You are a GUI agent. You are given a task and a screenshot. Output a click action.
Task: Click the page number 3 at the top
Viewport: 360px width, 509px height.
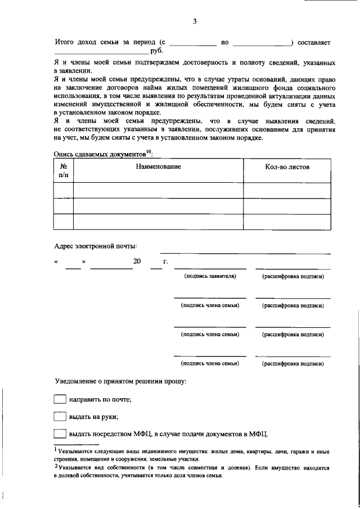pyautogui.click(x=195, y=21)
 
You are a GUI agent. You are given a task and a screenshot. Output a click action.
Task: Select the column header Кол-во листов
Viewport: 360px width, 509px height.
pyautogui.click(x=287, y=166)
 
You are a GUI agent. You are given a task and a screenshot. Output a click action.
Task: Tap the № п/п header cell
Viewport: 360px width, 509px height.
pyautogui.click(x=63, y=171)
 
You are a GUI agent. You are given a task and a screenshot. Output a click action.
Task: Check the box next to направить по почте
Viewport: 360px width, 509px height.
pyautogui.click(x=60, y=399)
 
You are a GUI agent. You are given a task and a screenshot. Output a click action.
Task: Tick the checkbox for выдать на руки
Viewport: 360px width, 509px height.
pyautogui.click(x=60, y=417)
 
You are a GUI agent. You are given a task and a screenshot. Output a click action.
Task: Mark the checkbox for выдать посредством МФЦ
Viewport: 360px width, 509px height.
pyautogui.click(x=60, y=434)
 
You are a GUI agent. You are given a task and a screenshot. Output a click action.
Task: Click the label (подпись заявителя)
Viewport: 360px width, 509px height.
pyautogui.click(x=210, y=276)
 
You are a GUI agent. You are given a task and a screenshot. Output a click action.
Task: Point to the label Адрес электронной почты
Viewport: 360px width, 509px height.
pyautogui.click(x=95, y=246)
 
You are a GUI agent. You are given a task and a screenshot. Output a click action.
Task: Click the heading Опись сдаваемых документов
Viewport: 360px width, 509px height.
pyautogui.click(x=99, y=153)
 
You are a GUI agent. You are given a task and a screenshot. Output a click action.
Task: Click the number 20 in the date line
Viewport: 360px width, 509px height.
pyautogui.click(x=137, y=262)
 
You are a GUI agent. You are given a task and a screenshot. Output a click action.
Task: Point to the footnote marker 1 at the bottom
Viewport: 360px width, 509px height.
pyautogui.click(x=56, y=449)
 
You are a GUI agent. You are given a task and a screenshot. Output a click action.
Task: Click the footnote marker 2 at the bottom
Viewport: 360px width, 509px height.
pyautogui.click(x=56, y=466)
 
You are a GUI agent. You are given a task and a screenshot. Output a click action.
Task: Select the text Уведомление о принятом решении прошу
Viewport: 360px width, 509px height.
pyautogui.click(x=120, y=381)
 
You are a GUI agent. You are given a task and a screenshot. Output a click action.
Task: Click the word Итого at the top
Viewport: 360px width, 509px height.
pyautogui.click(x=65, y=42)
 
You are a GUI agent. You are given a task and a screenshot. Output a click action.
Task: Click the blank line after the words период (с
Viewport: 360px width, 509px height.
pyautogui.click(x=192, y=44)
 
